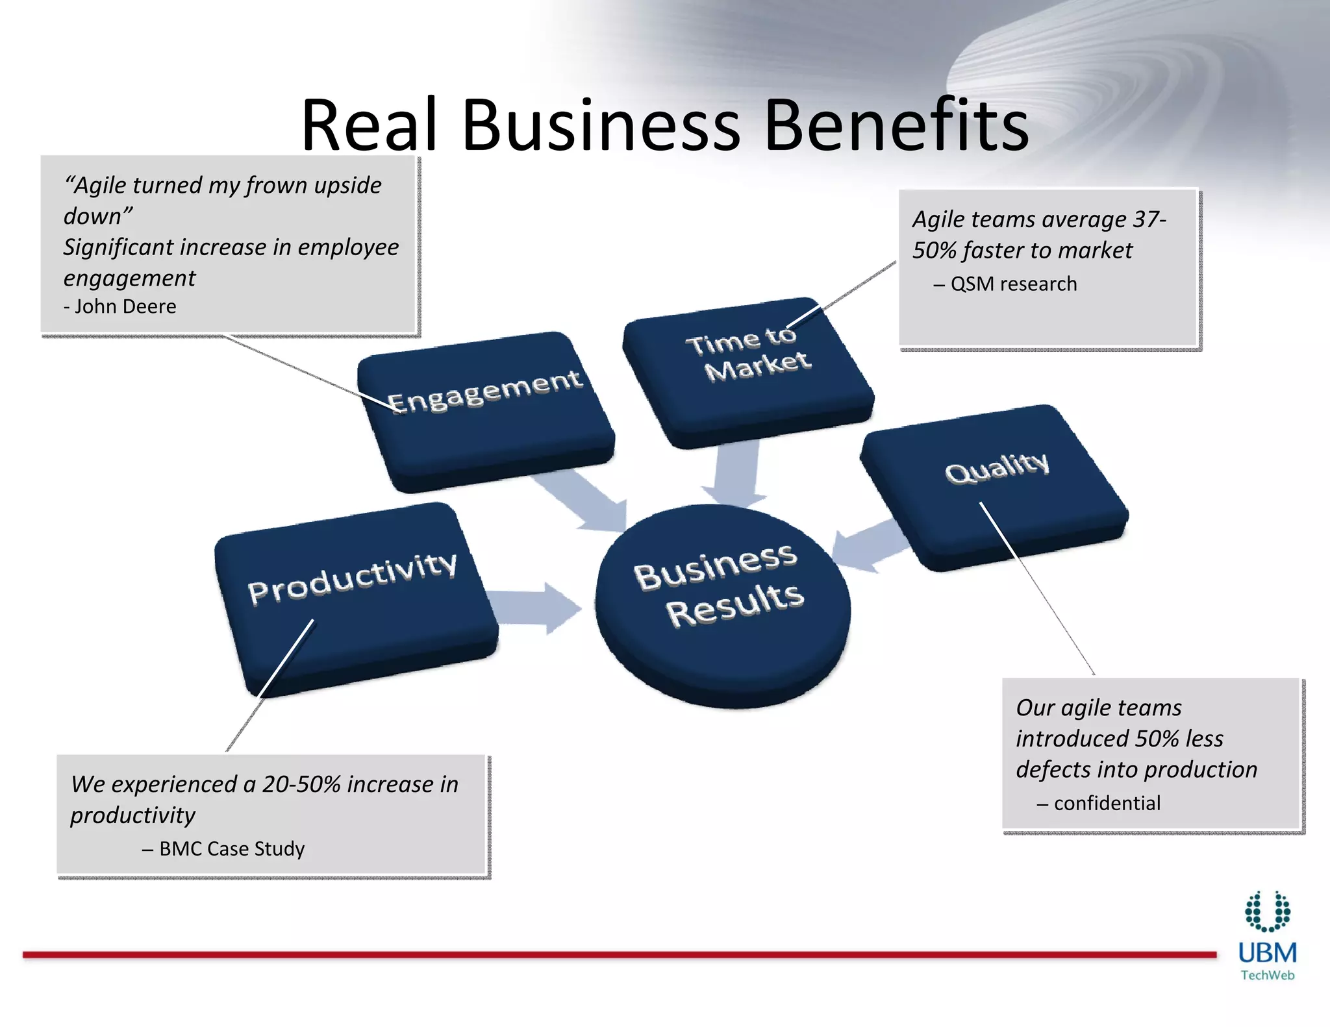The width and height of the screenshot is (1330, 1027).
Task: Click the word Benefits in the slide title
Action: point(896,125)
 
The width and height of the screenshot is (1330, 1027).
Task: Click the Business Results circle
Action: point(722,604)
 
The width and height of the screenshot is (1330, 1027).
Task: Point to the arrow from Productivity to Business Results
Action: point(536,608)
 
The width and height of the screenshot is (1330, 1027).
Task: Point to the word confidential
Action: point(1107,804)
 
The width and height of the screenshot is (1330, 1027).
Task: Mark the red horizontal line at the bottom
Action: point(617,955)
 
